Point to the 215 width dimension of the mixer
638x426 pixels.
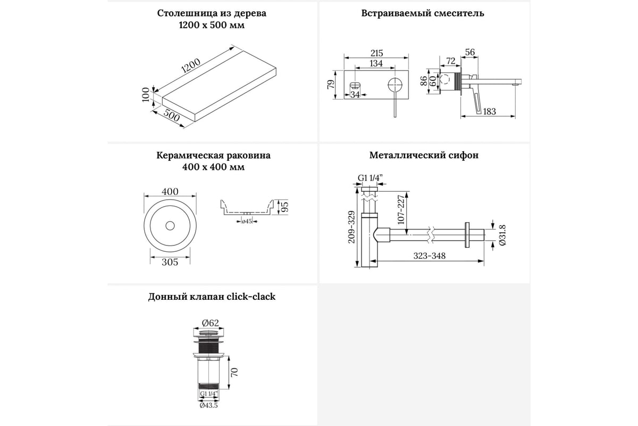pyautogui.click(x=376, y=53)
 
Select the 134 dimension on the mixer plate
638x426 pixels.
pyautogui.click(x=376, y=64)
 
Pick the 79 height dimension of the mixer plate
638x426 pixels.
pyautogui.click(x=330, y=84)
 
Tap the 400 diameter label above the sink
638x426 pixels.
pyautogui.click(x=170, y=192)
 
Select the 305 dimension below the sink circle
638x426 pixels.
pyautogui.click(x=169, y=261)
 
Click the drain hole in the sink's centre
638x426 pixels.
pyautogui.click(x=170, y=225)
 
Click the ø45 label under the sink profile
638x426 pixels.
pyautogui.click(x=246, y=222)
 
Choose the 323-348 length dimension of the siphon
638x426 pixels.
pyautogui.click(x=430, y=256)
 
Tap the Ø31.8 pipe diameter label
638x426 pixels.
pyautogui.click(x=502, y=235)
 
